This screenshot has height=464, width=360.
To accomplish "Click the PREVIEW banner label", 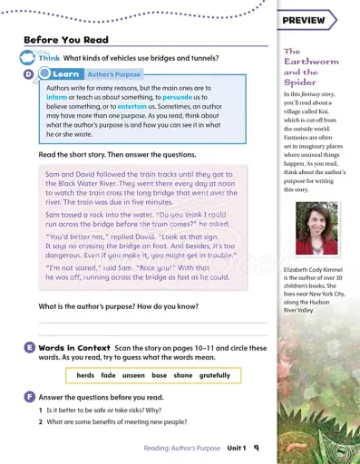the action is click(x=304, y=20).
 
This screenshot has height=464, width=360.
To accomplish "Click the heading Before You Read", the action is click(x=65, y=40).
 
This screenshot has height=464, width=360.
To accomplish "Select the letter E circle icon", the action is click(x=30, y=349).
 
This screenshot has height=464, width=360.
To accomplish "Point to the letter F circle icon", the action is click(x=30, y=397).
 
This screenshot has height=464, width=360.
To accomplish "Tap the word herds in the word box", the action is click(x=85, y=375).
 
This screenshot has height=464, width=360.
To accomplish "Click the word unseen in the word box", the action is click(x=132, y=375).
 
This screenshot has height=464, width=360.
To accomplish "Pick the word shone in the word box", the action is click(x=182, y=375).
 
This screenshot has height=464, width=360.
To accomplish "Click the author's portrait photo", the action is click(x=316, y=227).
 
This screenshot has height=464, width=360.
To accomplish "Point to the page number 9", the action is click(x=256, y=448).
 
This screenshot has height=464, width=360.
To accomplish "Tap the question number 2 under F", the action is click(x=41, y=421).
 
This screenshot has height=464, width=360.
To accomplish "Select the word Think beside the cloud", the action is click(x=49, y=57).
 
